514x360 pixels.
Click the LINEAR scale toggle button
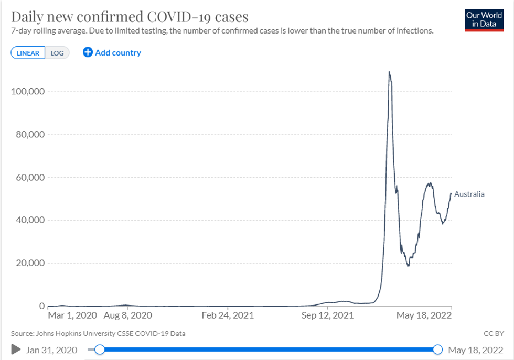(28, 53)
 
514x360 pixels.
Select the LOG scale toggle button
(57, 53)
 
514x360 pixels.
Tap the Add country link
(112, 52)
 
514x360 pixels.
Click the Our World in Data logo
(484, 19)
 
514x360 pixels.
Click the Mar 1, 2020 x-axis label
(72, 315)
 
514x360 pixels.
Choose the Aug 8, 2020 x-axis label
(128, 315)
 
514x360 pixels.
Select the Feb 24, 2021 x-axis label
(228, 315)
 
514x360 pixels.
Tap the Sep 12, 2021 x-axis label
(327, 315)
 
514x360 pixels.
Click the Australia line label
(469, 194)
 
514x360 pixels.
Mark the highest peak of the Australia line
(389, 72)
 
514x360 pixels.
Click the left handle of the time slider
(99, 350)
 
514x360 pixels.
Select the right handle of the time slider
(438, 350)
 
